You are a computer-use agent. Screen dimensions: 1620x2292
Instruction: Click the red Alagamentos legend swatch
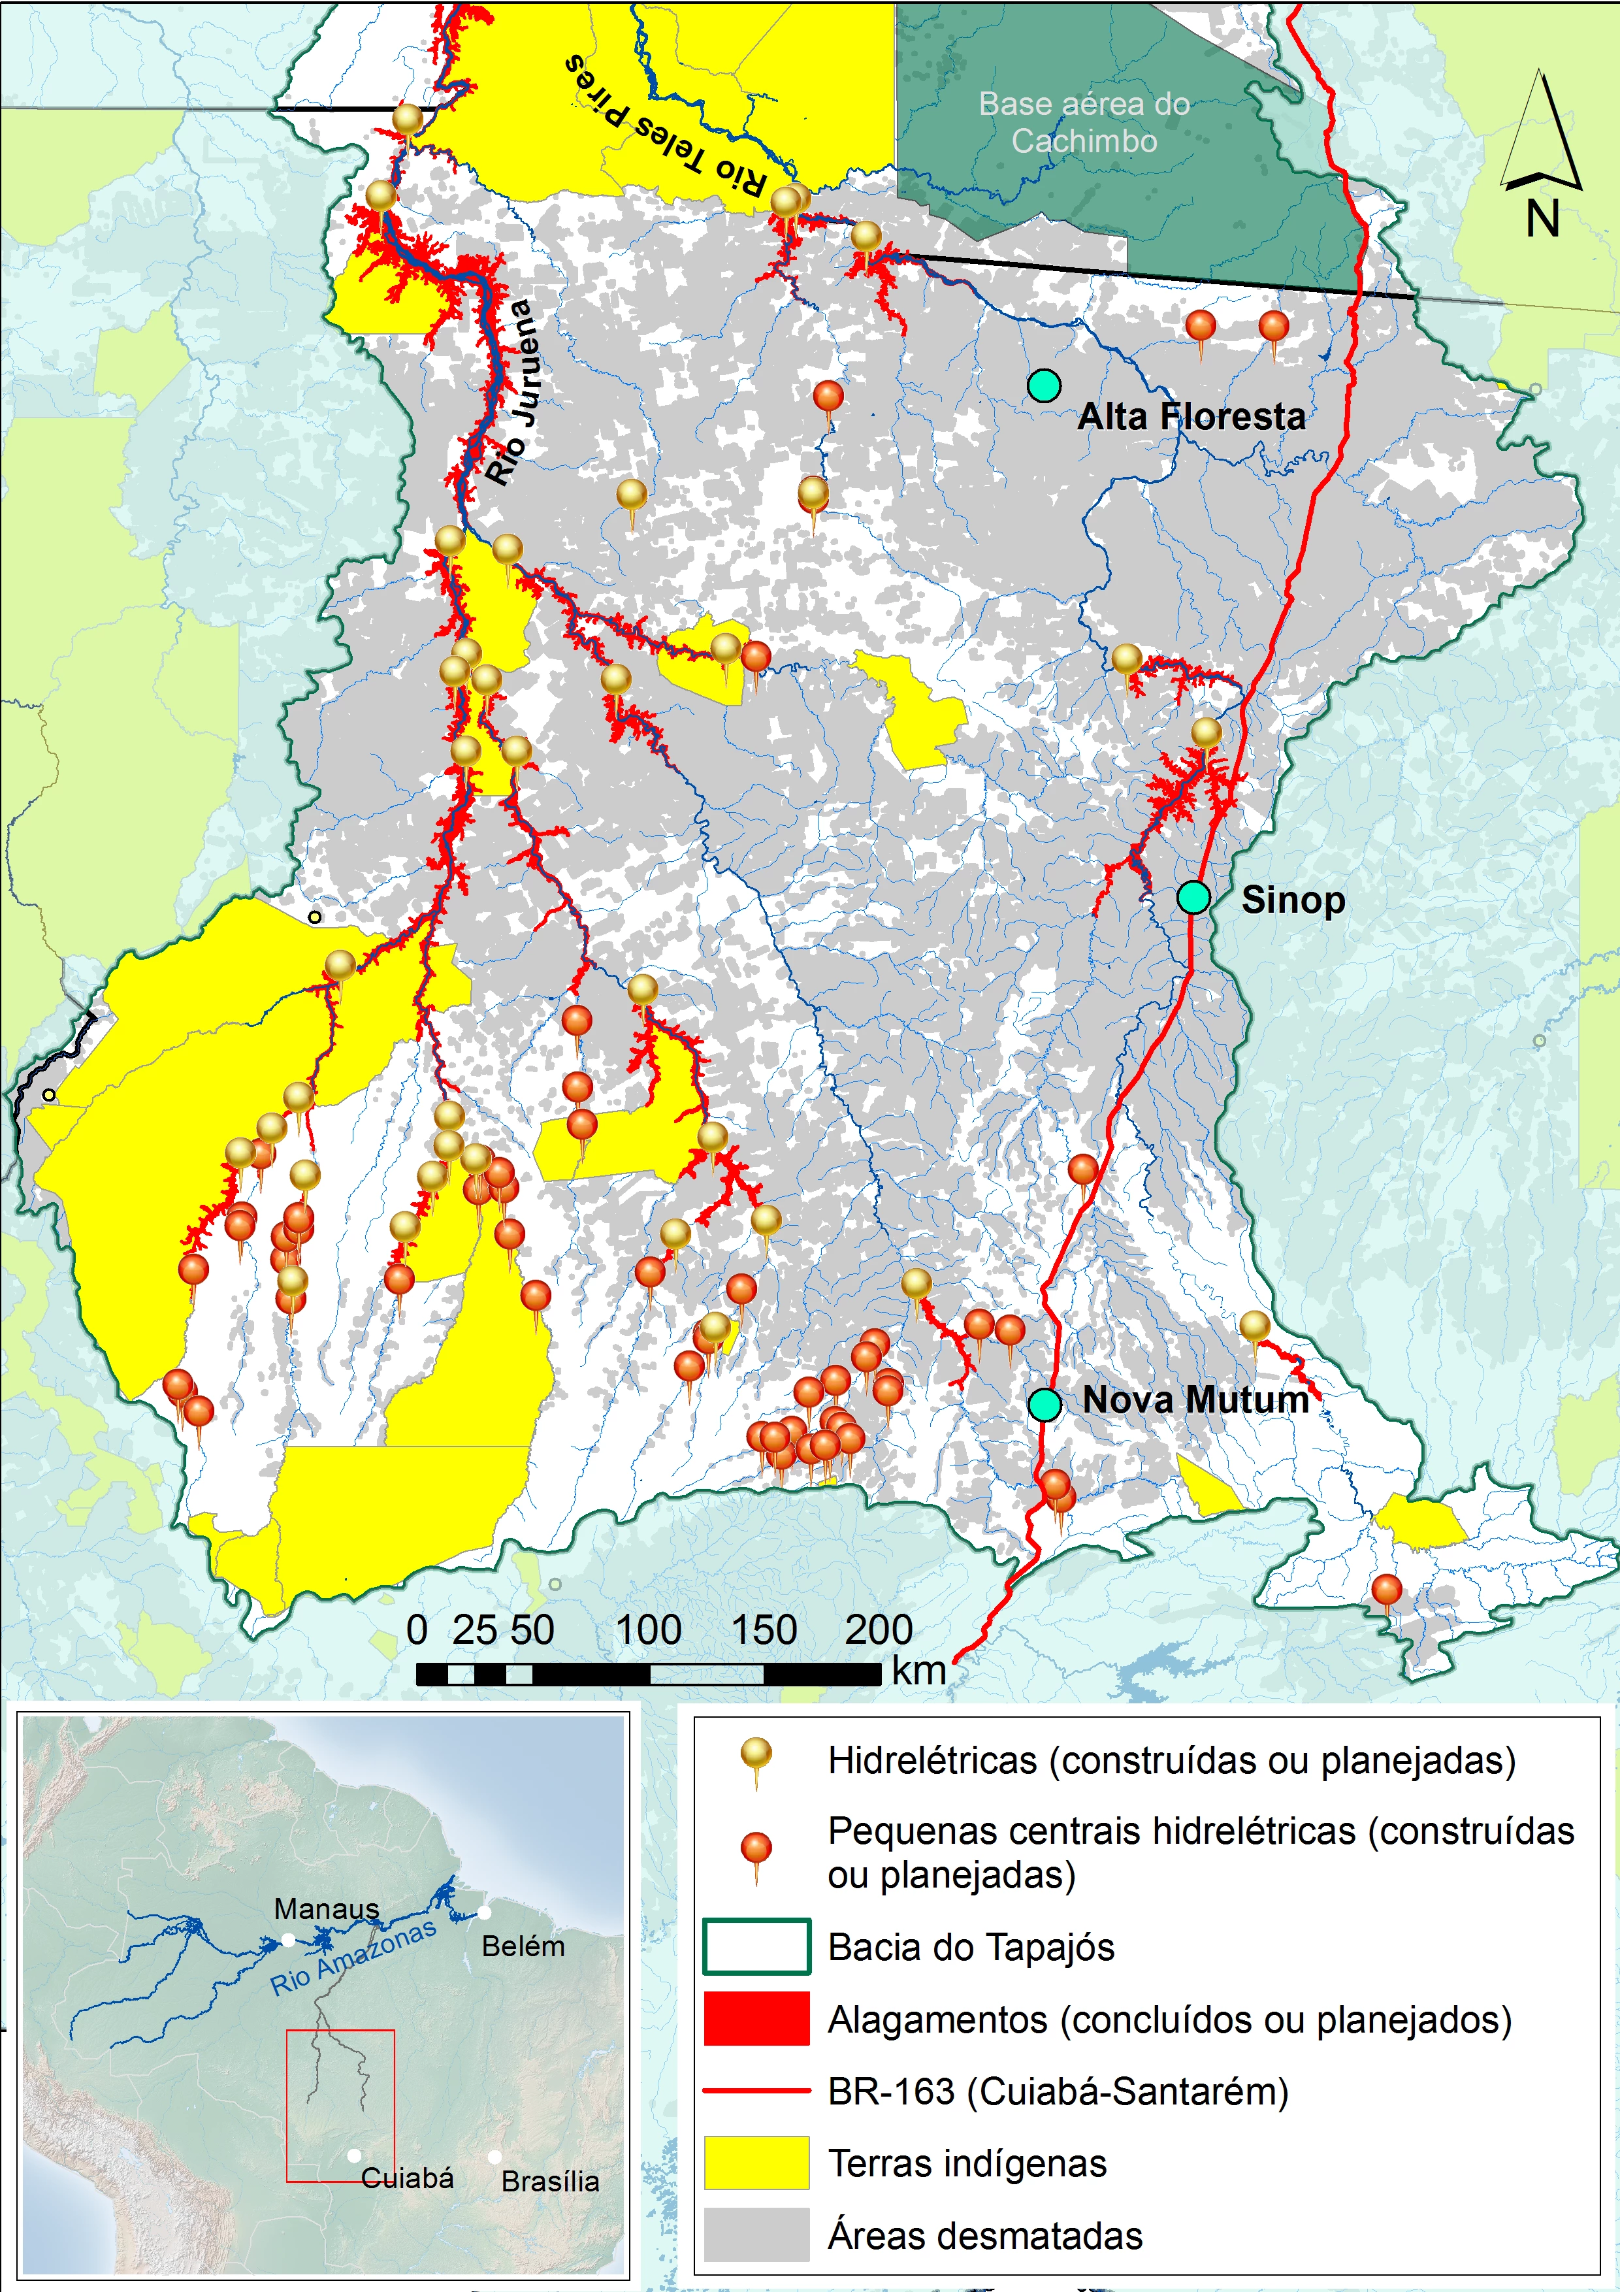756,2018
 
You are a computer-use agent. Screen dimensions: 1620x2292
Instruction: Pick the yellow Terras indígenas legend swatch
756,2162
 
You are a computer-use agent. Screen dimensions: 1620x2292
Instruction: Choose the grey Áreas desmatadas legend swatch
756,2234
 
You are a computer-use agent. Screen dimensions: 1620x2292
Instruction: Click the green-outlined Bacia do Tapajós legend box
756,1946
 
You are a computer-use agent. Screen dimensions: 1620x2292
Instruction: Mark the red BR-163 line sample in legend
756,2090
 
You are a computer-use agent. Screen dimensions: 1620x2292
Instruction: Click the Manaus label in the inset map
327,1908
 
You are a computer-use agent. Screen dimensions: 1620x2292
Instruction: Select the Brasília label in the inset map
550,2181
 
